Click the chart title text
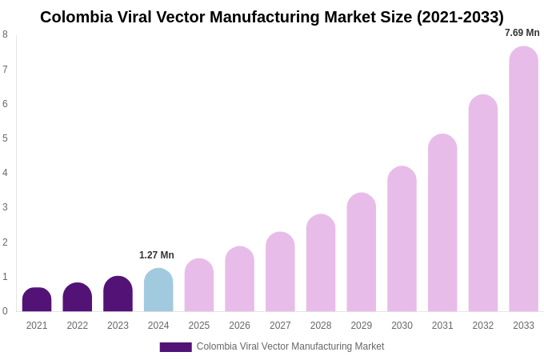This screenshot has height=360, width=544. click(x=272, y=17)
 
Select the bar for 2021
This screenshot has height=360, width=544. click(x=37, y=300)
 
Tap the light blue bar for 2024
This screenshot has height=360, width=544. click(x=158, y=290)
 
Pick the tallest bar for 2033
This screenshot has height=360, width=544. click(x=523, y=179)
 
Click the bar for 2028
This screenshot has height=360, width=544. click(x=321, y=263)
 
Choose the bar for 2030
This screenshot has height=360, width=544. click(x=402, y=239)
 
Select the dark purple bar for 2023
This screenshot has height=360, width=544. click(x=118, y=294)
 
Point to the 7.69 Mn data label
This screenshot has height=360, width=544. click(x=522, y=33)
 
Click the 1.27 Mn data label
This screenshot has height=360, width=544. click(x=157, y=255)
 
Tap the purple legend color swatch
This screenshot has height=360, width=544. click(x=175, y=347)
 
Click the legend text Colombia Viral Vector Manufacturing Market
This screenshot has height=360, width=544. click(x=290, y=346)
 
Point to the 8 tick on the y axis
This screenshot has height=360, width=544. click(x=5, y=34)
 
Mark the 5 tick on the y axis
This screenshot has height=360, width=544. click(x=5, y=138)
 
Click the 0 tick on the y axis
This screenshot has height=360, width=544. click(x=5, y=311)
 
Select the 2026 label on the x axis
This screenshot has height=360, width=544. click(x=239, y=326)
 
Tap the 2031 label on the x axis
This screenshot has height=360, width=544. click(x=442, y=326)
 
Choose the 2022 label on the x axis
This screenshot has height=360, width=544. click(x=78, y=326)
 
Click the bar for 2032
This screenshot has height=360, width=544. click(x=483, y=203)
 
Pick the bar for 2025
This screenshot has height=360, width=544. click(x=199, y=286)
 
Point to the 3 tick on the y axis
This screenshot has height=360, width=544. click(x=5, y=207)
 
